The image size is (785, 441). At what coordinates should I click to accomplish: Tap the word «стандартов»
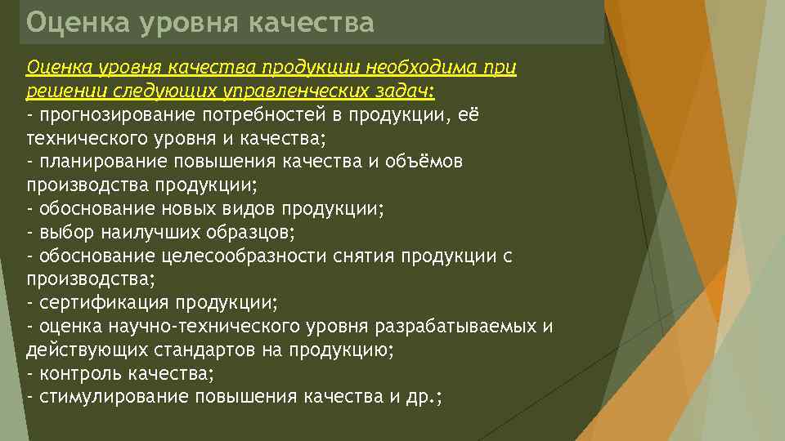tap(201, 350)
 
